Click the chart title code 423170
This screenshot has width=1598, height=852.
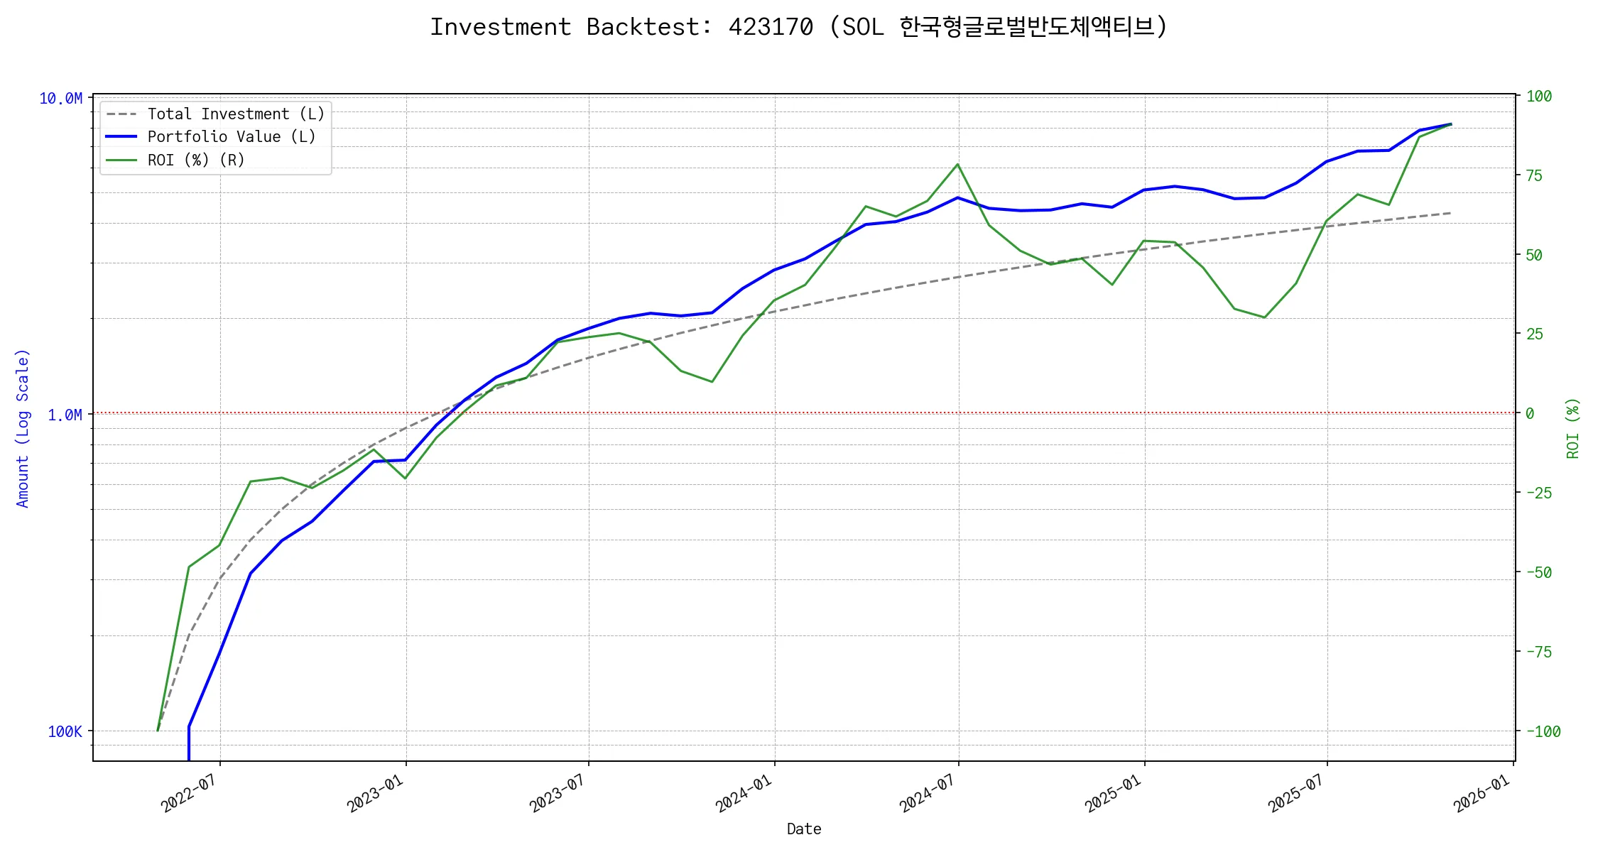[x=771, y=27]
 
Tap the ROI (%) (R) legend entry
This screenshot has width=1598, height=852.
[x=196, y=160]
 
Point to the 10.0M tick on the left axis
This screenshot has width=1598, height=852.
[x=61, y=99]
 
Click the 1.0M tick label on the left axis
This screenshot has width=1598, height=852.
[x=65, y=415]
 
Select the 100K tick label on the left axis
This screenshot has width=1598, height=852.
[x=65, y=731]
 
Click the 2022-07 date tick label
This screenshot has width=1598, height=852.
[x=189, y=794]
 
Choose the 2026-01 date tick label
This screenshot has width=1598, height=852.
[x=1482, y=794]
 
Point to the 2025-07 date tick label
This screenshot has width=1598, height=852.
[x=1296, y=794]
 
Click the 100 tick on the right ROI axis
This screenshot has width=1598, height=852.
[x=1539, y=97]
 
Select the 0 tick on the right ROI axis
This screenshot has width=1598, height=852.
[x=1530, y=413]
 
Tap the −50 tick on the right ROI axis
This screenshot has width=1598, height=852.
[x=1539, y=572]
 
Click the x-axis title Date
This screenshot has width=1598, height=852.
[x=804, y=829]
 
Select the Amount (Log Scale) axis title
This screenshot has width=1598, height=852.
[x=23, y=428]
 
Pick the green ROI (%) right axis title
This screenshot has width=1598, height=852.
[x=1573, y=428]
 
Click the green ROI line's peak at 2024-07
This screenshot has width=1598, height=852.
[x=957, y=165]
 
